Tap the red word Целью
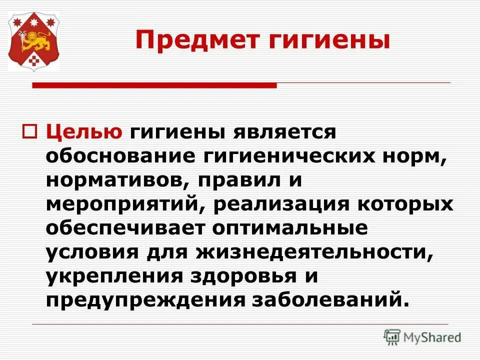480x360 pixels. pos(84,132)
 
